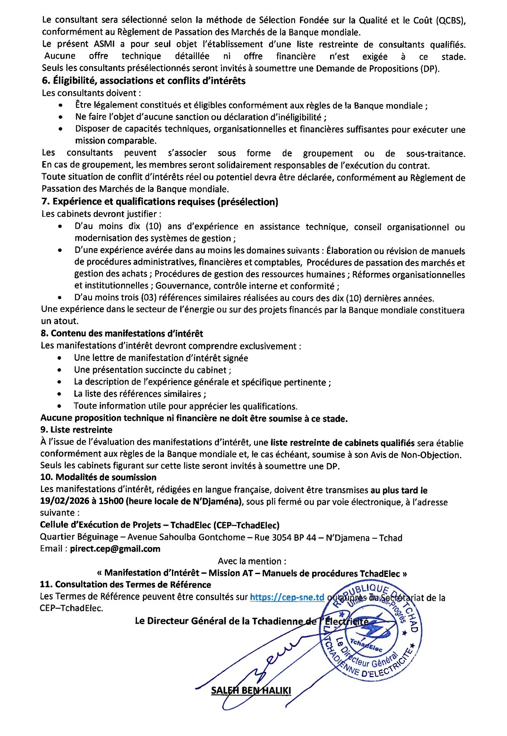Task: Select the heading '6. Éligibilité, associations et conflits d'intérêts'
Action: [144, 81]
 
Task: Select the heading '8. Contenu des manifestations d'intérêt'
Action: [122, 333]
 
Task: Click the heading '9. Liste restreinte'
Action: [76, 430]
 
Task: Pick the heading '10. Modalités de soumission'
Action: [98, 477]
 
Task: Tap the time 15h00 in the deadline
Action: [111, 501]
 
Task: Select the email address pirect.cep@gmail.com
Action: [115, 549]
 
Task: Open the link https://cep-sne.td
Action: [287, 597]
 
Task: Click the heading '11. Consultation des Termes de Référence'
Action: [125, 584]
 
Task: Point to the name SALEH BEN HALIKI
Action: [251, 691]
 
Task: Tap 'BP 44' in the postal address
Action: [305, 537]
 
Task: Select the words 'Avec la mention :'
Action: [252, 561]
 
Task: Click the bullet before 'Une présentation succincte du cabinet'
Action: [60, 370]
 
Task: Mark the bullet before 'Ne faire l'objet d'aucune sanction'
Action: [62, 117]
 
